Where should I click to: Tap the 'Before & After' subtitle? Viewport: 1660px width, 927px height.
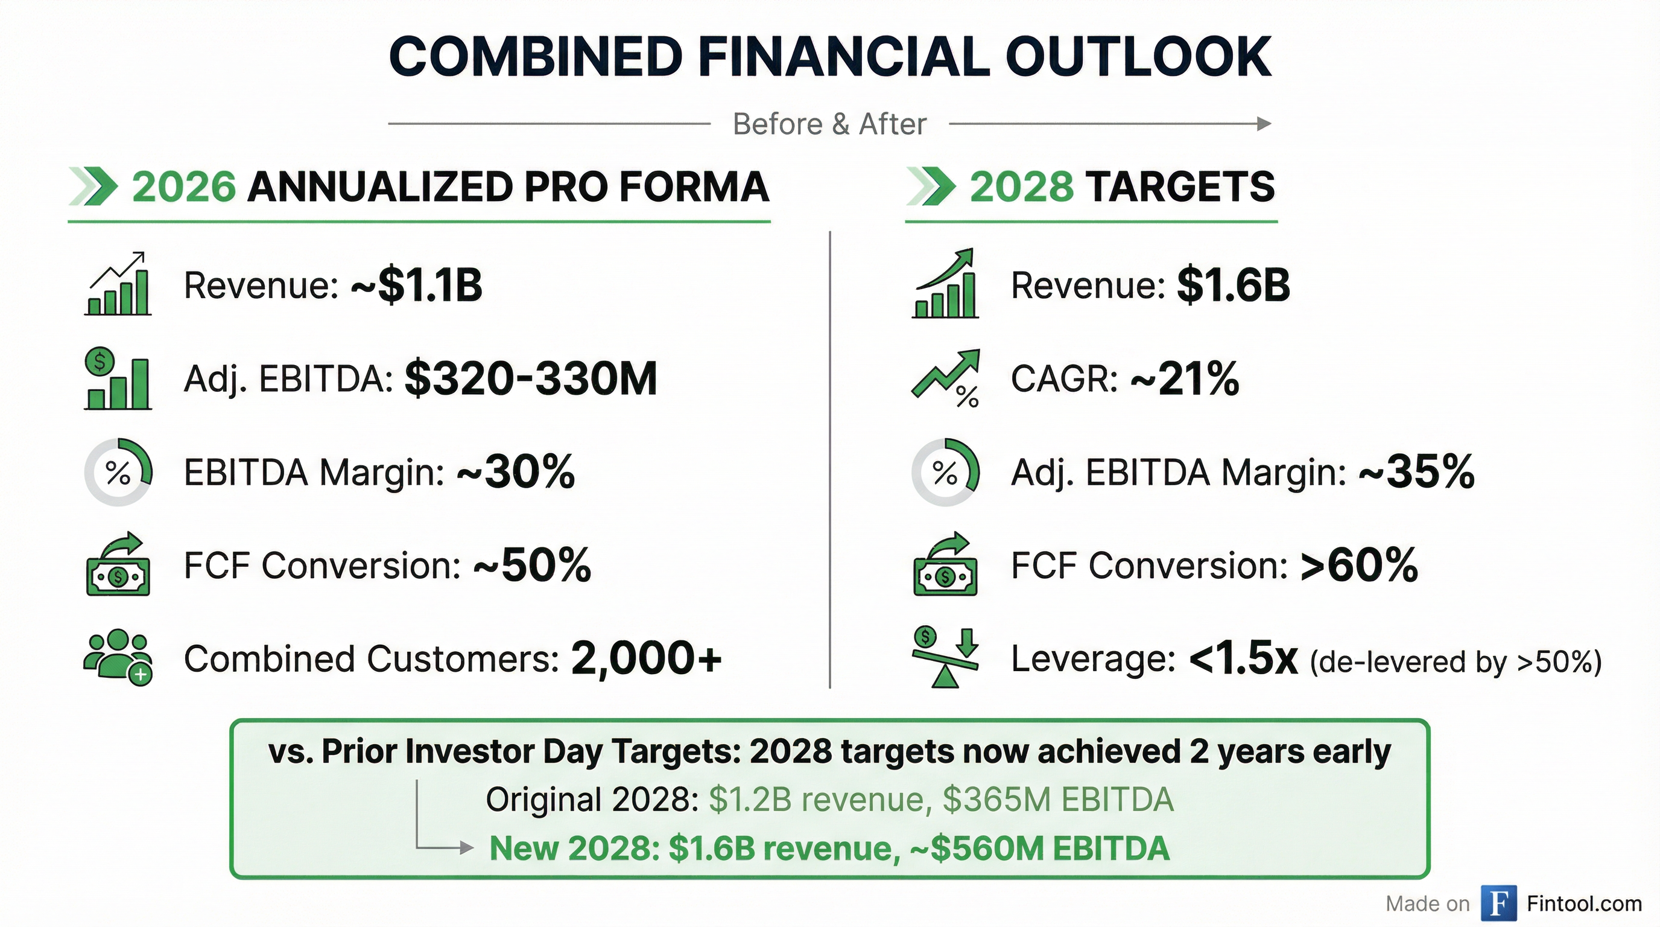pos(829,124)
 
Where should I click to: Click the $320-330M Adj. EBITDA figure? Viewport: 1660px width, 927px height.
pos(530,378)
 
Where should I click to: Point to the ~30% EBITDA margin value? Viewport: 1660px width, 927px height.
pos(516,472)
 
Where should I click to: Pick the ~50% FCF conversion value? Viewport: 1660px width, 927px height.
pos(532,565)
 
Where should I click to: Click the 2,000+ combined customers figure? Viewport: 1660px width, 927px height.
pos(645,658)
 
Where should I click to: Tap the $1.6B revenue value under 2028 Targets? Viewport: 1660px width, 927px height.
pos(1234,285)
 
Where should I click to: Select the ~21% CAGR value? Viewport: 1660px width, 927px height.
pos(1185,378)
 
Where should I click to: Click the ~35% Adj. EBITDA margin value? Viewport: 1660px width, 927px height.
pos(1416,472)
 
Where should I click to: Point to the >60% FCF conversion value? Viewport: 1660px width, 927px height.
pos(1359,565)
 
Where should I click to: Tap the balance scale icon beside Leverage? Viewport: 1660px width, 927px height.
pos(945,658)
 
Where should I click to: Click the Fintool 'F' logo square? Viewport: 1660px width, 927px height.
pos(1499,903)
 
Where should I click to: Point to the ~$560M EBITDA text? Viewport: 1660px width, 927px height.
pos(1039,849)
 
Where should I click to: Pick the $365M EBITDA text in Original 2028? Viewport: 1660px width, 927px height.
pos(1057,800)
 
